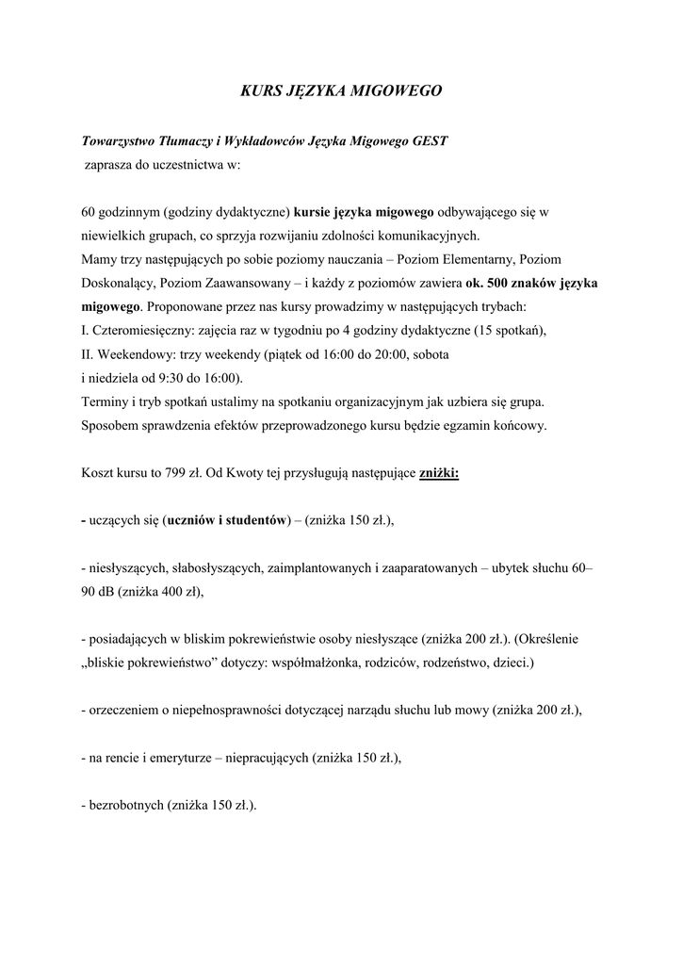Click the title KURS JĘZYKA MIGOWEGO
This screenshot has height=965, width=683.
(x=341, y=91)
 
